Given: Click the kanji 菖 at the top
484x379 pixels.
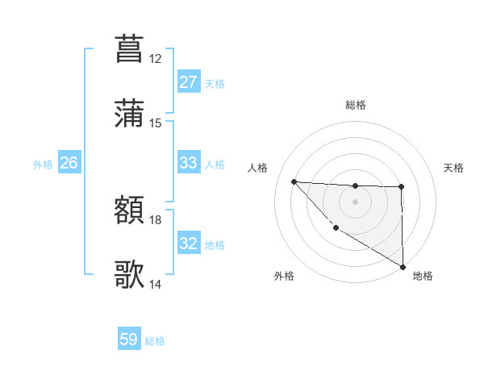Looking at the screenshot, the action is coord(129,48).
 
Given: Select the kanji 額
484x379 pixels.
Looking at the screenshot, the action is coord(129,212).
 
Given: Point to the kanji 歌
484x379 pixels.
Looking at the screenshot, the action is coord(129,275).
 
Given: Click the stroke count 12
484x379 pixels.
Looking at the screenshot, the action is coord(156,59).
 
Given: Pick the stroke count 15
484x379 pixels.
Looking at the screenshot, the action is coord(156,123).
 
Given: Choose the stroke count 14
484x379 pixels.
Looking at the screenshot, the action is coord(156,284).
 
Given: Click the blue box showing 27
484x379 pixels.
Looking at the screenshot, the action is coord(188,82).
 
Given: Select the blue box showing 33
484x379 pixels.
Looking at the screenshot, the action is coord(188,163).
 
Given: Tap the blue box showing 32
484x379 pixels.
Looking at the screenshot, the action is coord(188,244).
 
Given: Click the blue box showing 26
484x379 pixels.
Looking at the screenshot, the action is coord(69,163).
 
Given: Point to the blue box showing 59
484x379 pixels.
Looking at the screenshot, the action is coord(129,340).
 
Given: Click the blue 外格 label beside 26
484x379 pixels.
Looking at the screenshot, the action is coord(43,164).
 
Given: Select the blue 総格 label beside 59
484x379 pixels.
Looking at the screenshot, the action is coord(156,341).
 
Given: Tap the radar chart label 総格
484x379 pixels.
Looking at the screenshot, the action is coord(355,105).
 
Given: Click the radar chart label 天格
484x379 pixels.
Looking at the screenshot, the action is coord(454,168).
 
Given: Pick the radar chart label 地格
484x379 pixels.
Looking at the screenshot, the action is coord(423,276).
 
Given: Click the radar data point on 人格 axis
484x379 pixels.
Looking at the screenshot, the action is coord(294,181).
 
